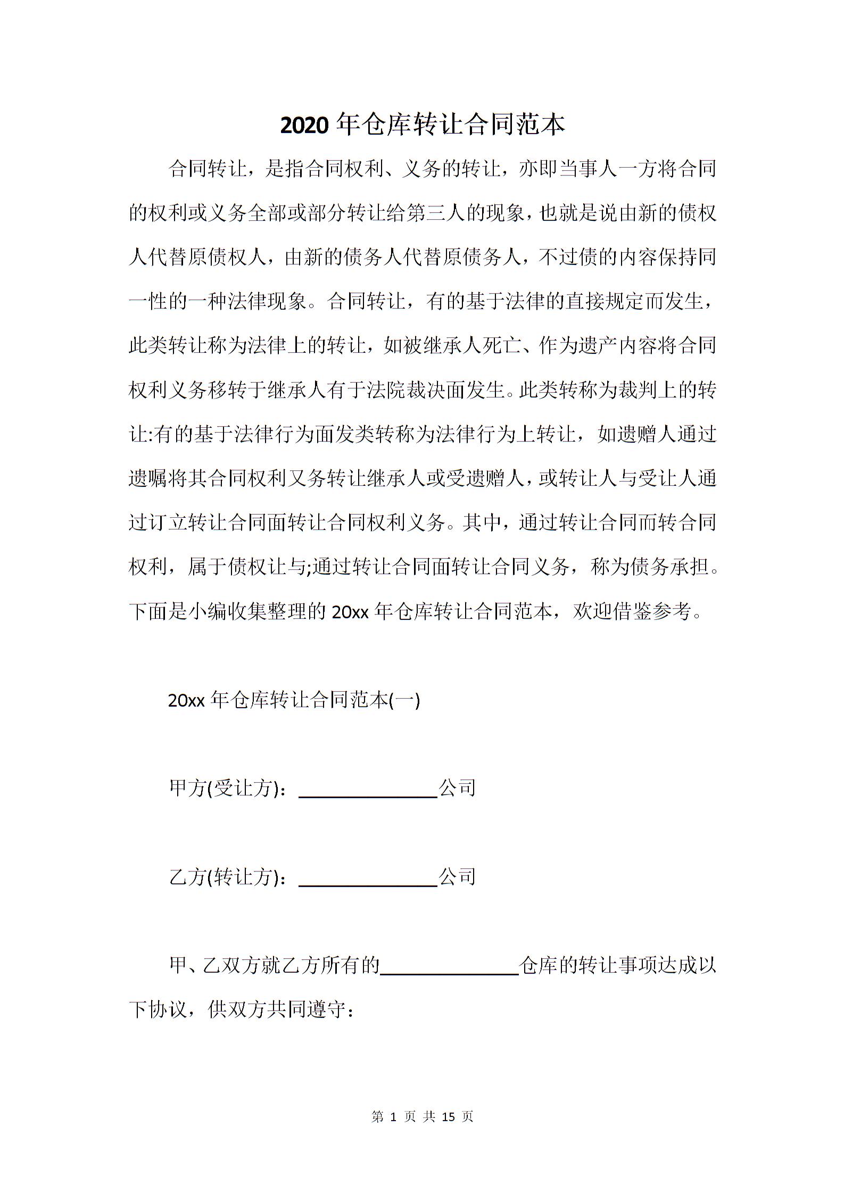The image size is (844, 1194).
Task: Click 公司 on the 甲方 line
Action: pyautogui.click(x=457, y=788)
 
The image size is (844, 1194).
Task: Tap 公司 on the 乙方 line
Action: pyautogui.click(x=457, y=877)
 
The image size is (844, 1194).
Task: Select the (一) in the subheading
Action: pyautogui.click(x=405, y=700)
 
